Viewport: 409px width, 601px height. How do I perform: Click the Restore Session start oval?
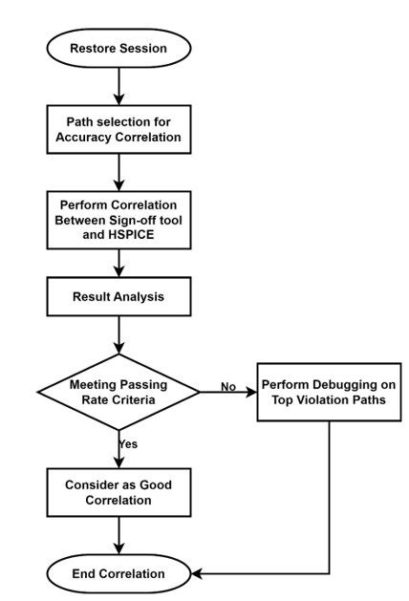click(x=119, y=48)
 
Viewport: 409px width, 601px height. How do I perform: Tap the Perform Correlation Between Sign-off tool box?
click(x=119, y=221)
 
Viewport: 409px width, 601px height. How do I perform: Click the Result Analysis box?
click(x=119, y=297)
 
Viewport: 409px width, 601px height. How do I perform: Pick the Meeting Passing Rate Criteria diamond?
click(x=119, y=391)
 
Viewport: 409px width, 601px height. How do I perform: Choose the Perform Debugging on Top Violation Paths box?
click(x=329, y=391)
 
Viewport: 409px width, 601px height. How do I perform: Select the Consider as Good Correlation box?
click(x=119, y=492)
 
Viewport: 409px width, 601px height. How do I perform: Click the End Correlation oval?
click(x=119, y=573)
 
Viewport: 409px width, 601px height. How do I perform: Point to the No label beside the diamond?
click(x=227, y=386)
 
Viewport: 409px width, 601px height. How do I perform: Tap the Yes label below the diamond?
click(x=128, y=443)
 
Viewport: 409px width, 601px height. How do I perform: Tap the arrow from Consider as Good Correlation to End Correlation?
click(x=119, y=535)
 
